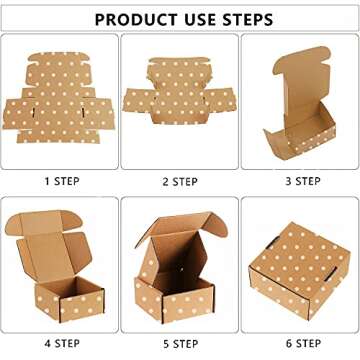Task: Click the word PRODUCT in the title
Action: [137, 19]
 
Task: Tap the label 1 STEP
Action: [60, 181]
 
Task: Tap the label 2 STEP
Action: [179, 181]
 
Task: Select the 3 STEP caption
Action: [300, 181]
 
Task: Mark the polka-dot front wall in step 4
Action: [70, 300]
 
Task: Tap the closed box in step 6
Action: [300, 270]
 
